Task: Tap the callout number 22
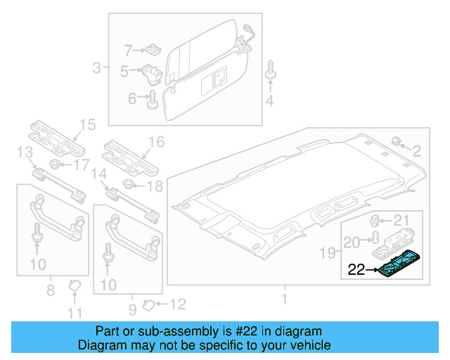pyautogui.click(x=357, y=269)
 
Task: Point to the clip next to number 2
pyautogui.click(x=394, y=141)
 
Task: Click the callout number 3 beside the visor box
pyautogui.click(x=96, y=68)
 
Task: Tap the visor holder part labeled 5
pyautogui.click(x=152, y=73)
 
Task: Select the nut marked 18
pyautogui.click(x=129, y=186)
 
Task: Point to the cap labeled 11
pyautogui.click(x=74, y=286)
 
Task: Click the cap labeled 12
pyautogui.click(x=147, y=304)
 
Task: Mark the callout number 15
pyautogui.click(x=86, y=125)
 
